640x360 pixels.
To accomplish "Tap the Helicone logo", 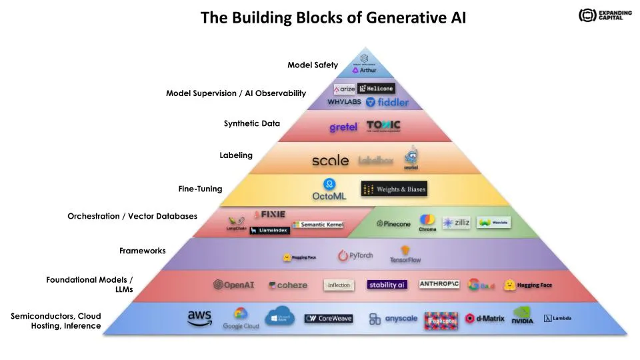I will pos(376,89).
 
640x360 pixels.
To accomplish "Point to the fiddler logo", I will pos(387,102).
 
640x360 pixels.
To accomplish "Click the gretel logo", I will pos(344,127).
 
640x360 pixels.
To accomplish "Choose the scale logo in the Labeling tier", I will pos(330,160).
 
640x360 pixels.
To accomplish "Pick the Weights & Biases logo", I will pos(393,189).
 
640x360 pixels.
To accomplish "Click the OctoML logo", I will pos(329,190).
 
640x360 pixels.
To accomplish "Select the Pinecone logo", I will pos(394,223).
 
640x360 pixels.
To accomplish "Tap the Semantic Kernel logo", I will pos(318,225).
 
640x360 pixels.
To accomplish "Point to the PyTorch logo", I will pos(355,255).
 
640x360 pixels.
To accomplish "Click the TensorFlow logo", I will pos(405,255).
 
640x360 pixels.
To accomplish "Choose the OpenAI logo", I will pos(234,285).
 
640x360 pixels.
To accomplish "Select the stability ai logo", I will pos(387,285).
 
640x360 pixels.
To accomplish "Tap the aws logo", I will pos(199,319).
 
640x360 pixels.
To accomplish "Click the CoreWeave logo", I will pos(329,319).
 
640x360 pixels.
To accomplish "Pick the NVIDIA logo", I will pos(523,317).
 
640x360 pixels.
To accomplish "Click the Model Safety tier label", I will pos(313,65).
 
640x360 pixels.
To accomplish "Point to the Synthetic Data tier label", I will pos(252,123).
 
